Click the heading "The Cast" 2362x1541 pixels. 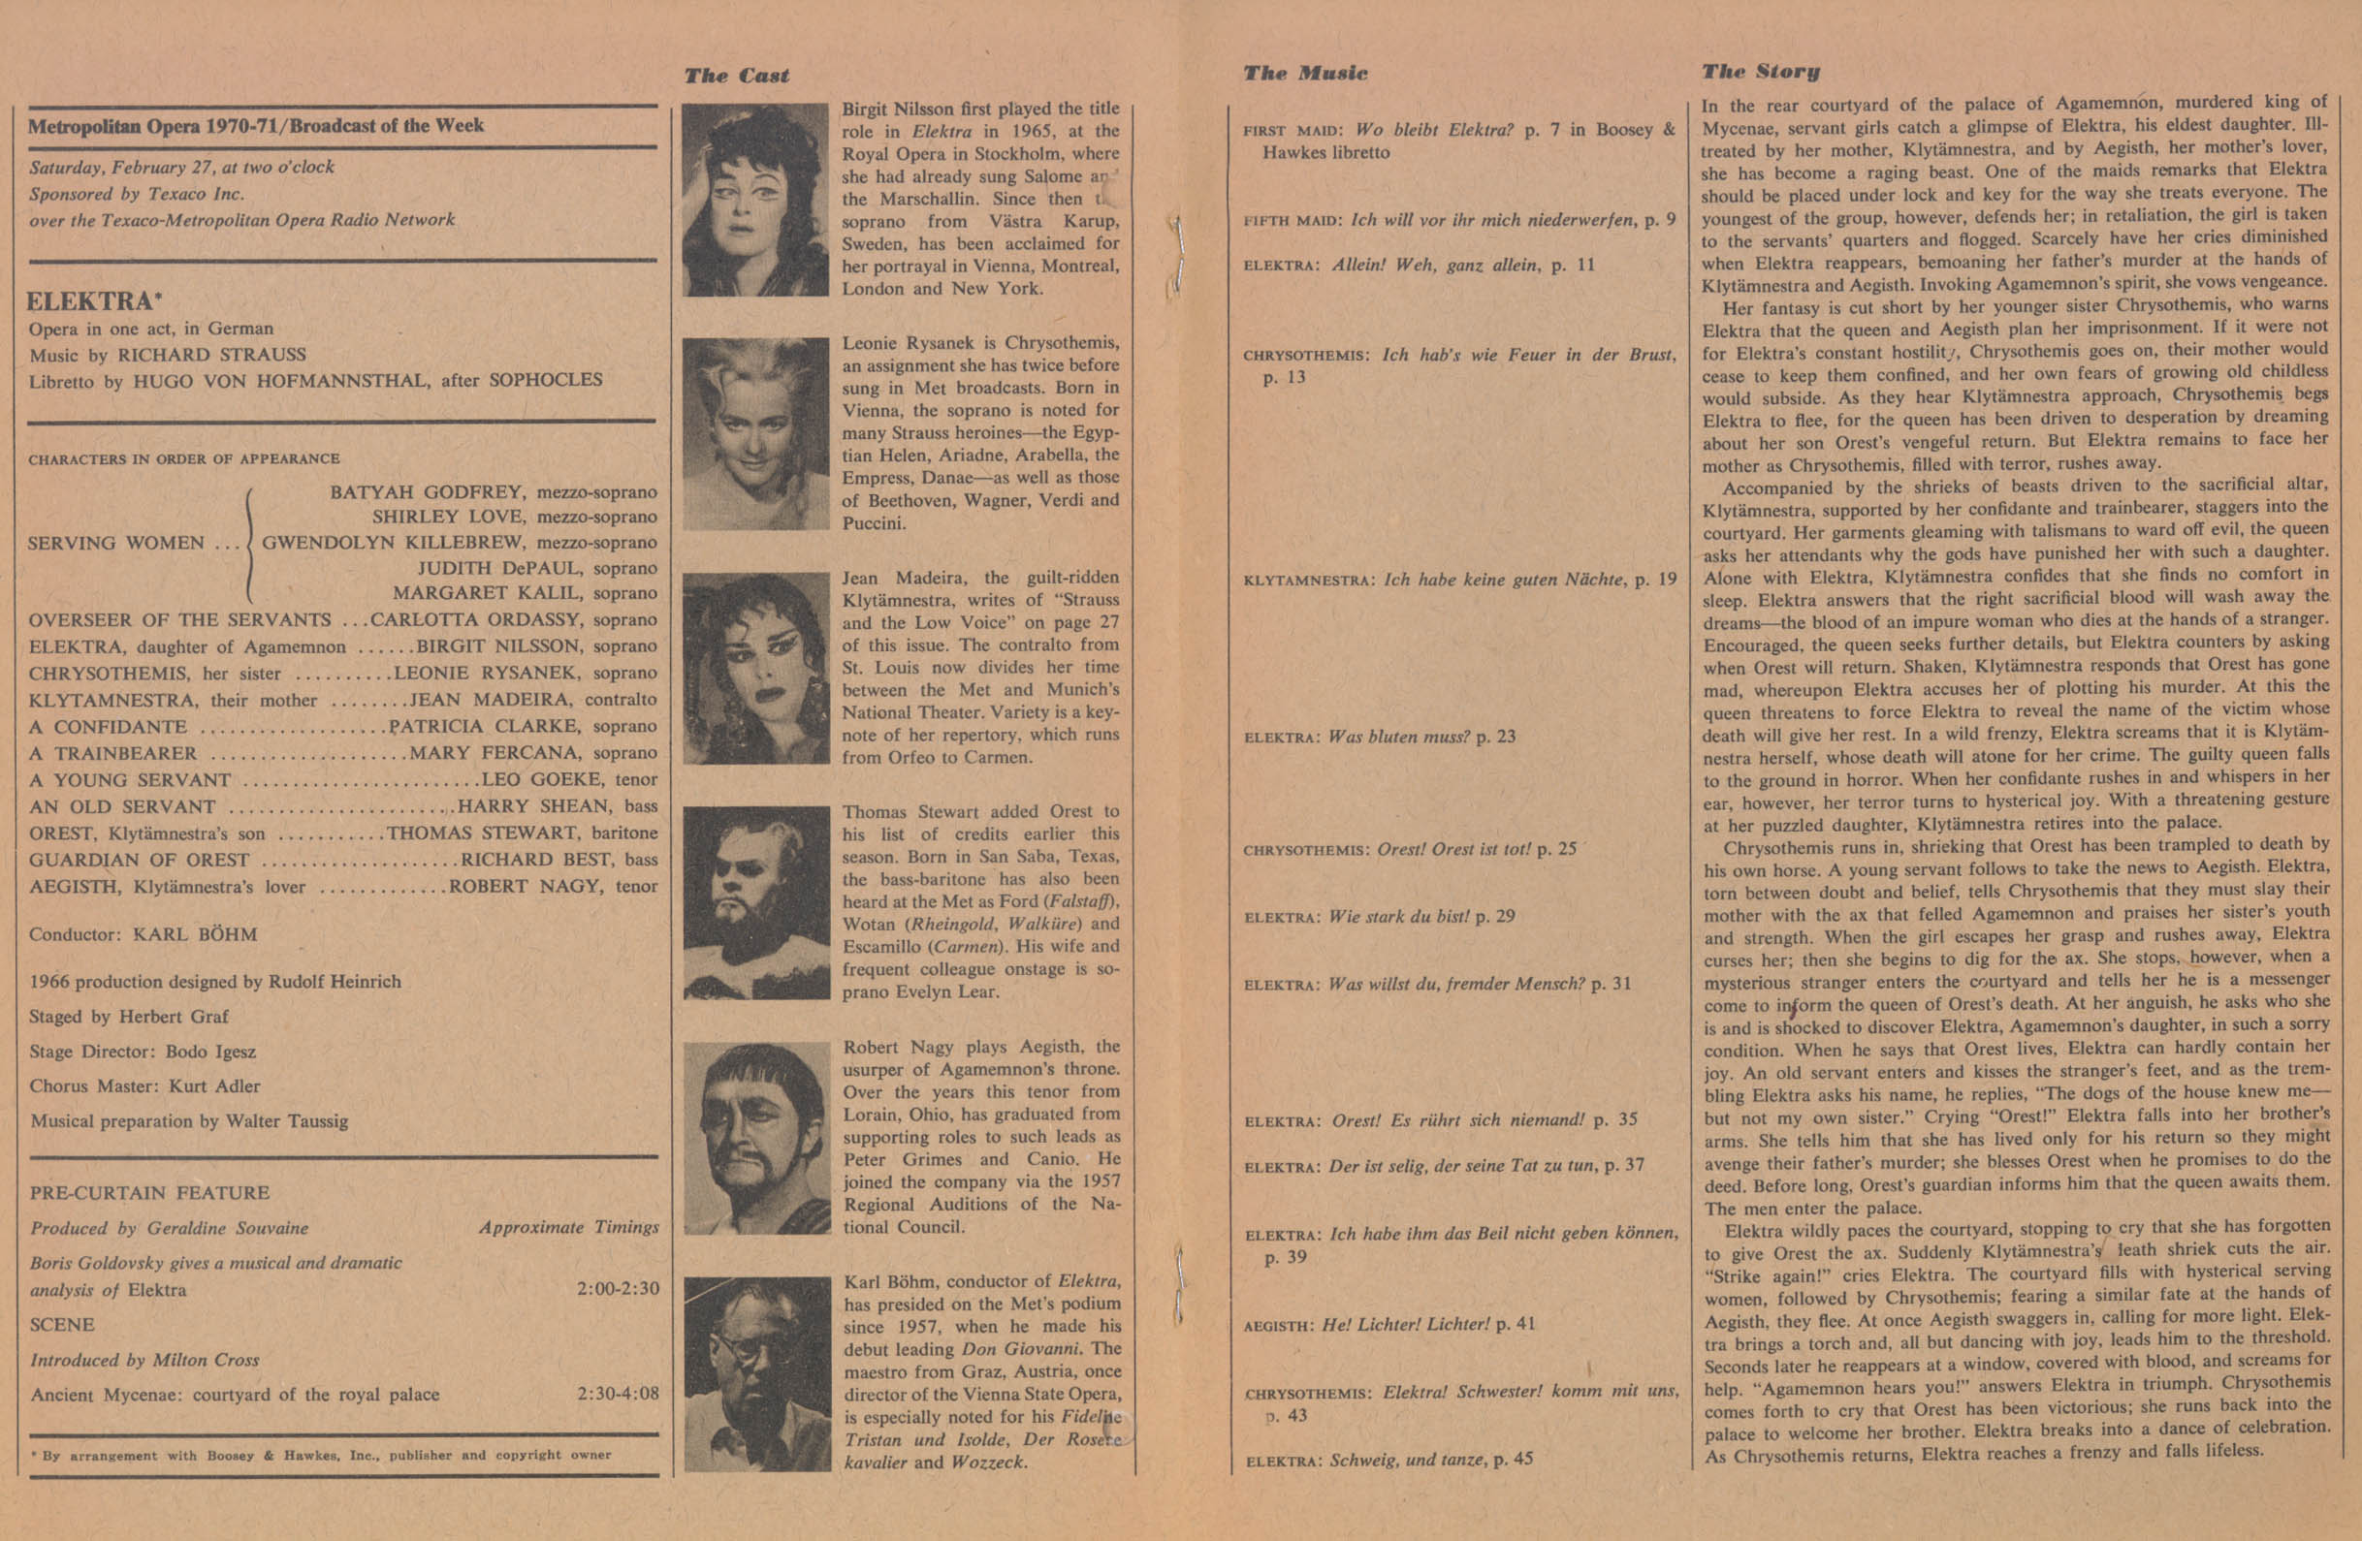[x=736, y=76]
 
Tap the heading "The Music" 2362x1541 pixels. [x=1305, y=73]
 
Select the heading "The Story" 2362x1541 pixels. [x=1761, y=71]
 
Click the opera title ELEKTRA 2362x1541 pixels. [x=89, y=300]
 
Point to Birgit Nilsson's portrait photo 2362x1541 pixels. [x=755, y=200]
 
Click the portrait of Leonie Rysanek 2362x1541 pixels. [x=755, y=433]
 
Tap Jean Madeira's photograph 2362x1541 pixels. [x=755, y=668]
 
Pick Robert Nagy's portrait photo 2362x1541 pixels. [x=755, y=1137]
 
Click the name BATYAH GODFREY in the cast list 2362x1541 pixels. [x=428, y=492]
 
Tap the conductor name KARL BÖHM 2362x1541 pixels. [x=195, y=934]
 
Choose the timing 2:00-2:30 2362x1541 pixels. [x=618, y=1289]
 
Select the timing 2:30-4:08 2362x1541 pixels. [x=618, y=1393]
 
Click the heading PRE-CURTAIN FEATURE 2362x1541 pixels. [x=149, y=1193]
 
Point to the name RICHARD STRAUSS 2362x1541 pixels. [x=211, y=355]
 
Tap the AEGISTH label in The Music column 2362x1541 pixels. [x=1277, y=1326]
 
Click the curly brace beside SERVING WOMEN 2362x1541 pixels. [x=250, y=543]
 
